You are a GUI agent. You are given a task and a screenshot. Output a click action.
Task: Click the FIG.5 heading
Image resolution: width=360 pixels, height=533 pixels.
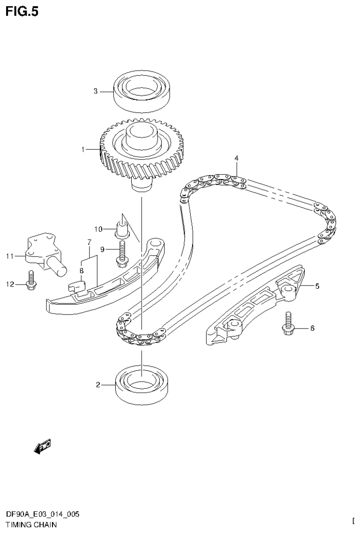22,11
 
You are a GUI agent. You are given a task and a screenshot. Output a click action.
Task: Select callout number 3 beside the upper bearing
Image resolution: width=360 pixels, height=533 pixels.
95,91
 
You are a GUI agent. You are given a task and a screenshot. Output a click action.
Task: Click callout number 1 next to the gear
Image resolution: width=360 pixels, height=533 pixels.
83,150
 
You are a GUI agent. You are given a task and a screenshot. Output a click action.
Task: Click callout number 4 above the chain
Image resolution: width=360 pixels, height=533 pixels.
237,158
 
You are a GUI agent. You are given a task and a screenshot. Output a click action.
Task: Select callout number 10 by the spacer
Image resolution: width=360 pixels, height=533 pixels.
98,229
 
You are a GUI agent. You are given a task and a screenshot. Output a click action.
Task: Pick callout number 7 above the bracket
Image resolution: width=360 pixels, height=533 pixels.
88,242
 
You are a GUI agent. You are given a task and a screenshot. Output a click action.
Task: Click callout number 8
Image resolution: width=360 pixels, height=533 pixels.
81,270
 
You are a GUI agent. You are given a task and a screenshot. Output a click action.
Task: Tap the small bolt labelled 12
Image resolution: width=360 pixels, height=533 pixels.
31,281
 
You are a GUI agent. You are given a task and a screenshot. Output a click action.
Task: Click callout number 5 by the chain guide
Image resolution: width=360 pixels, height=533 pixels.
317,285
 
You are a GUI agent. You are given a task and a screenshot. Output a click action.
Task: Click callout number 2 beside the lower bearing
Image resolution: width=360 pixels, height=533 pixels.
98,385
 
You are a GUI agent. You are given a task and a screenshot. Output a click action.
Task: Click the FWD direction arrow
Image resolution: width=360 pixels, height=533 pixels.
42,447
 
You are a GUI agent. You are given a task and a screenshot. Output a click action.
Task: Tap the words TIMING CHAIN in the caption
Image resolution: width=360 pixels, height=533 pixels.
31,525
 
